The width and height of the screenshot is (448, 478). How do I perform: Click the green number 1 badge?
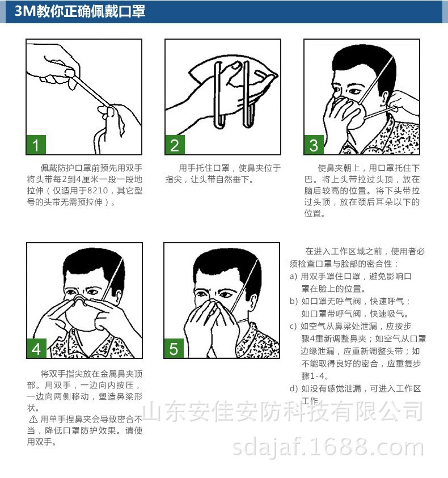(36, 145)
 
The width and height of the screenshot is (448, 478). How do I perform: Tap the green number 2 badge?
(175, 145)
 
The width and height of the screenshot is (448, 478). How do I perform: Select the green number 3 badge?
(314, 145)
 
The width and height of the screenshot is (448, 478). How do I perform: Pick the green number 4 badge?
(36, 349)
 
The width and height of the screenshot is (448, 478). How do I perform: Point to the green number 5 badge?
(174, 349)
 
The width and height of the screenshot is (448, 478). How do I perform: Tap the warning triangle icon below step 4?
(32, 419)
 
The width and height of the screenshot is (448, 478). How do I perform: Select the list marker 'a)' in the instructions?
(293, 277)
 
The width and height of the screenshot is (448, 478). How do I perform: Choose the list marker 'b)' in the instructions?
(293, 301)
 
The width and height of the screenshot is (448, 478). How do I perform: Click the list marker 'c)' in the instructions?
(293, 326)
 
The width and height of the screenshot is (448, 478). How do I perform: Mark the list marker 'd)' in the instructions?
(293, 388)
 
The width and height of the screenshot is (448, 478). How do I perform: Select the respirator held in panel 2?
(233, 77)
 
